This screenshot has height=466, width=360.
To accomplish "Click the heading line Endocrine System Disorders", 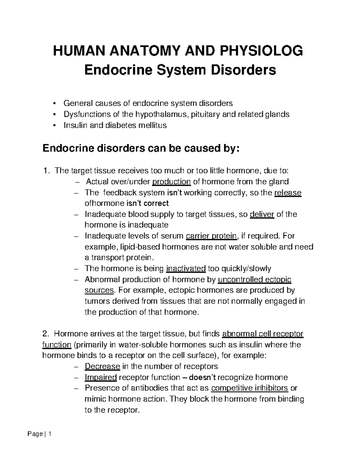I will [180, 70].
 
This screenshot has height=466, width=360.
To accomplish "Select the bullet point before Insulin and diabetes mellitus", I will [54, 125].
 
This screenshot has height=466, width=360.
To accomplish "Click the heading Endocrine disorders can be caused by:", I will [141, 148].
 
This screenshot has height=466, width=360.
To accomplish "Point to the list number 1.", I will [45, 171].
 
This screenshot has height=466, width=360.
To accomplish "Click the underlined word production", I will [172, 182].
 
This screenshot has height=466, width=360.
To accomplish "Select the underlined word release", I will [288, 192].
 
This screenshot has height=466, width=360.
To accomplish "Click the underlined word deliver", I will [262, 214].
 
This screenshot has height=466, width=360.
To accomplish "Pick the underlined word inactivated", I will [186, 269].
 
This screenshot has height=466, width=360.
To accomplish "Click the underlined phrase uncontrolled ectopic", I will [254, 280].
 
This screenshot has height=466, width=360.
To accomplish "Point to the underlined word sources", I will [99, 290].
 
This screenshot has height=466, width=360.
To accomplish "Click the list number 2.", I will [45, 334].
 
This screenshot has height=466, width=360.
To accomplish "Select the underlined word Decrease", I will [102, 366].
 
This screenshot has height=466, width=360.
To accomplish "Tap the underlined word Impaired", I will [100, 377].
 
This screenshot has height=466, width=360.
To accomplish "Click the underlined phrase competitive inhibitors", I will [250, 388].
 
